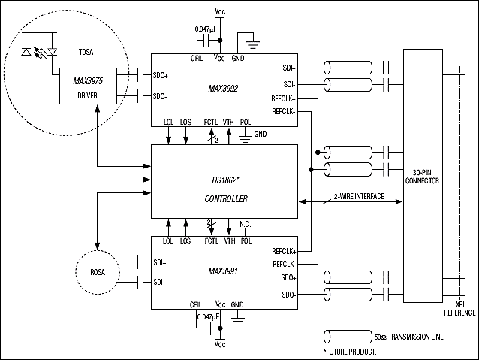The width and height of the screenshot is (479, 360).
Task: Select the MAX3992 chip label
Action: (223, 89)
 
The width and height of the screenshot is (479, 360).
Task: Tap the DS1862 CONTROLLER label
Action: (226, 189)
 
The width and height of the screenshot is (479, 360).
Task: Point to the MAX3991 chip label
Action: (223, 271)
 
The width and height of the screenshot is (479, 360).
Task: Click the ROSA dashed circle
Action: (76, 272)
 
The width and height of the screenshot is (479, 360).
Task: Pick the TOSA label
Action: (86, 52)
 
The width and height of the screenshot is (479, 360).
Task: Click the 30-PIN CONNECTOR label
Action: (422, 177)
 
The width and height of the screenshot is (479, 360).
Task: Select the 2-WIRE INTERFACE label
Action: (359, 196)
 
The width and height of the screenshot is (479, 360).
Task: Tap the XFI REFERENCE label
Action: (459, 309)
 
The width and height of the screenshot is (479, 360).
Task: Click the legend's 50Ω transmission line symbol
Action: (348, 337)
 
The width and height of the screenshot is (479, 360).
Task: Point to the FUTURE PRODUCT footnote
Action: (350, 352)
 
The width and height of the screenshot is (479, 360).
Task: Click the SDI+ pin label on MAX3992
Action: (289, 68)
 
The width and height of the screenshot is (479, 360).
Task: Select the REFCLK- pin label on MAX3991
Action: (285, 264)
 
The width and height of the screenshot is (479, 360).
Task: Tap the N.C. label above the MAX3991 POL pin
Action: (246, 225)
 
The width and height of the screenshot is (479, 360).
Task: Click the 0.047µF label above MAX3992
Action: (206, 29)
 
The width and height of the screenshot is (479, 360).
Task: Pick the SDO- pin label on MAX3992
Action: (160, 97)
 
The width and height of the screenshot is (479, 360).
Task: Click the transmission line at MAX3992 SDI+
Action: (348, 68)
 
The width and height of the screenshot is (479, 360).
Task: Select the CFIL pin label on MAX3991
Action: (195, 304)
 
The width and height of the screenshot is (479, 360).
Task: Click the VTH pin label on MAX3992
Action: (228, 122)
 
